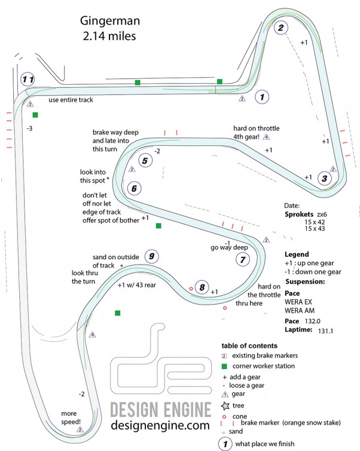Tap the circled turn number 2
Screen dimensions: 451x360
point(280,27)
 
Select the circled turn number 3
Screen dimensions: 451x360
point(324,177)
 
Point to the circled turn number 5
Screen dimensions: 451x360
point(145,160)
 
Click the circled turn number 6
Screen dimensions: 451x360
point(134,188)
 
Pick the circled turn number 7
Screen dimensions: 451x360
point(242,259)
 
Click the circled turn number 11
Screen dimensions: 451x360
point(28,79)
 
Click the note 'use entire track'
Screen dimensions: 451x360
point(71,100)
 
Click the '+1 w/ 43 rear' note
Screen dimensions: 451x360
point(137,285)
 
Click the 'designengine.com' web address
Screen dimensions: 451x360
point(161,425)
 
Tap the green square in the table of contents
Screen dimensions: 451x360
point(225,366)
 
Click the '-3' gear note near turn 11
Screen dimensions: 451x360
point(29,128)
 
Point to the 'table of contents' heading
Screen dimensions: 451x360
point(249,346)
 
